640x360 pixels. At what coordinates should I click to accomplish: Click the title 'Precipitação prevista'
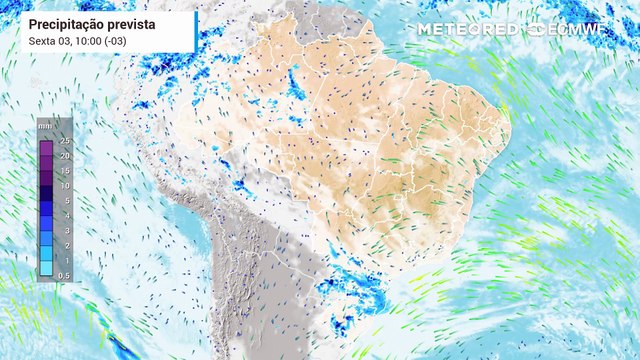(x=91, y=22)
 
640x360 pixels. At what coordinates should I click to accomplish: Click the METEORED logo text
(x=469, y=29)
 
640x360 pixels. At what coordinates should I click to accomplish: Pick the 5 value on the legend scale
(x=63, y=201)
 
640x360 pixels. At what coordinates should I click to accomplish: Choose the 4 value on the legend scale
(x=63, y=215)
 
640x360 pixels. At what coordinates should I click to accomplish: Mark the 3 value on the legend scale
(x=63, y=230)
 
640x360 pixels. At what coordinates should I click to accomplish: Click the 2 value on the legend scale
(x=63, y=245)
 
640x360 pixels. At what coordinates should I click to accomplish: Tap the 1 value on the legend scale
(x=63, y=260)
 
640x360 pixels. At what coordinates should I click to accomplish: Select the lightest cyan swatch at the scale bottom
(x=46, y=267)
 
